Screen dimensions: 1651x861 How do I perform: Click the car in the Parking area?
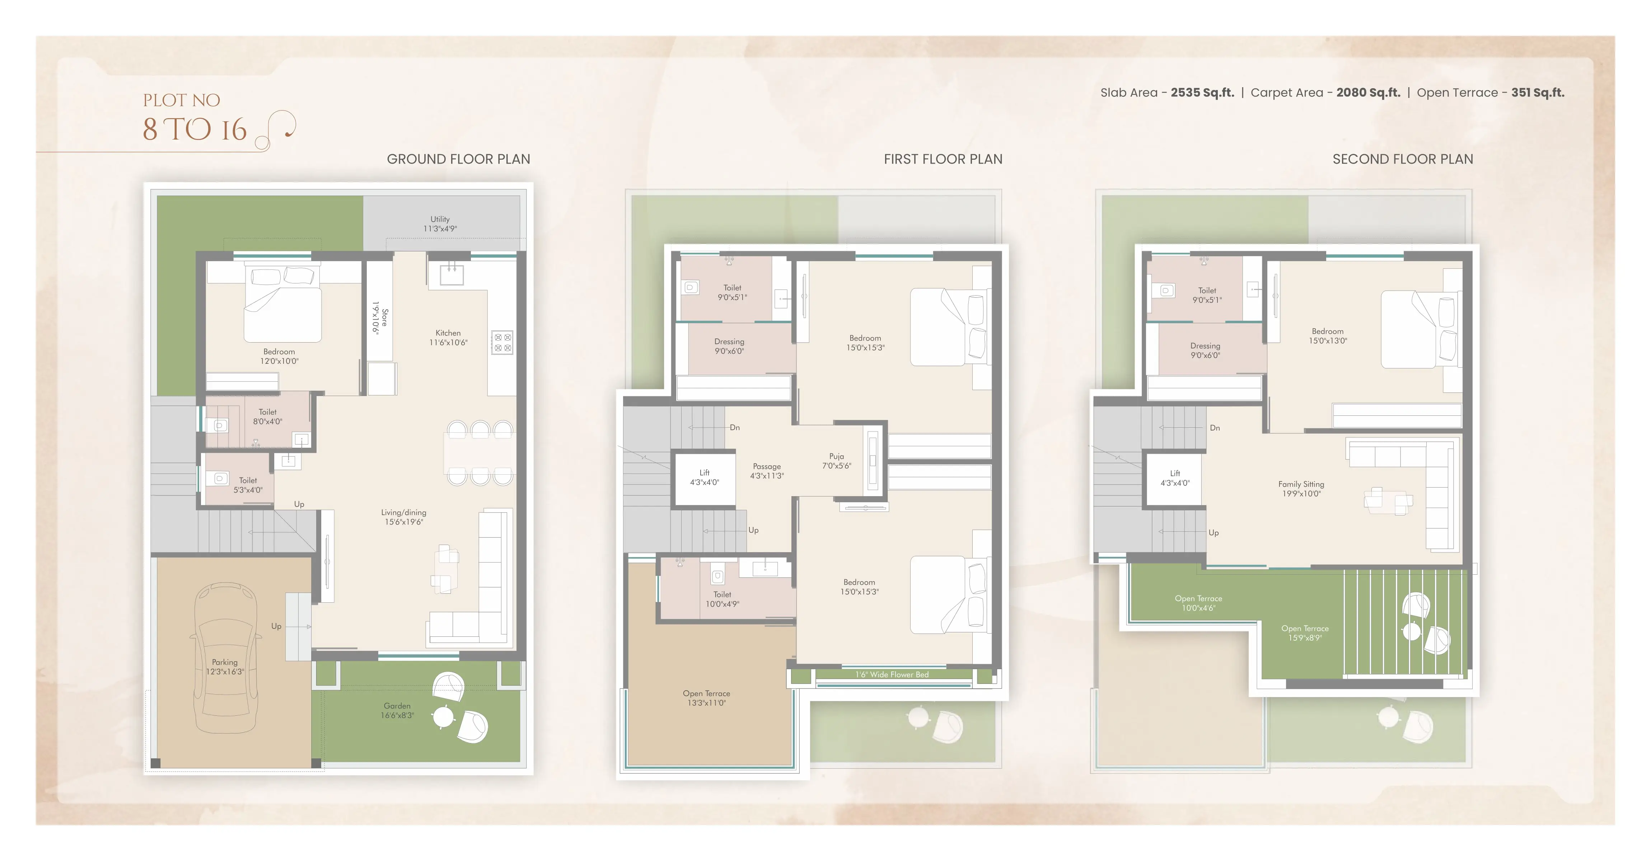click(x=225, y=657)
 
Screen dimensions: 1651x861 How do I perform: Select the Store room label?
click(x=380, y=318)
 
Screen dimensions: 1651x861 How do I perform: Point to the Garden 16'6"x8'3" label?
click(x=397, y=710)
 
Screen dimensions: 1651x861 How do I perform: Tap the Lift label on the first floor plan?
click(x=704, y=477)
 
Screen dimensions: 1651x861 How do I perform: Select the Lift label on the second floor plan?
click(x=1175, y=478)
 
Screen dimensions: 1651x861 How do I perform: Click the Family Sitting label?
click(x=1301, y=489)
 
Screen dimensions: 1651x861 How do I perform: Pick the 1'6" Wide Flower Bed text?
click(x=892, y=674)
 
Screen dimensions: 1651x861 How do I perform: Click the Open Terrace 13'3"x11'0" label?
click(x=706, y=698)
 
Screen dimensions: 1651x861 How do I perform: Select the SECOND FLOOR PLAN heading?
click(x=1403, y=159)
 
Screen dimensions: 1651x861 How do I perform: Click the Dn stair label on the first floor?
click(x=734, y=427)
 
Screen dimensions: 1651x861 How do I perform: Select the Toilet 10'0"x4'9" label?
click(x=722, y=599)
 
